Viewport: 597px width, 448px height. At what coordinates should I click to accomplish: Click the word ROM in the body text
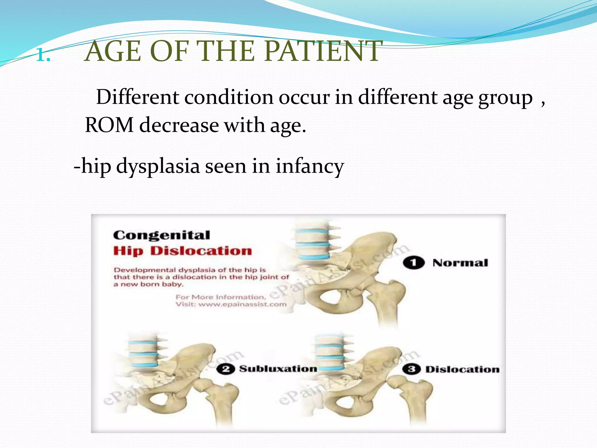coord(109,125)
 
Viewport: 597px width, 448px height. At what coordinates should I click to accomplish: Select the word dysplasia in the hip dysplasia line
coord(158,166)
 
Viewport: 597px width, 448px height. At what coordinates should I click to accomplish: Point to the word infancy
coord(310,166)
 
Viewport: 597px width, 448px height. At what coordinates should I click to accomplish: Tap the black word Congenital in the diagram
coord(161,235)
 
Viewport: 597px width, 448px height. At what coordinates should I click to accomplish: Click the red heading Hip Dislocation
coord(182,251)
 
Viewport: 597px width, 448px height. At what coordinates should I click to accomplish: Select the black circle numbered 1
coord(413,263)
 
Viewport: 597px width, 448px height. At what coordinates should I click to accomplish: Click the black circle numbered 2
coord(225,369)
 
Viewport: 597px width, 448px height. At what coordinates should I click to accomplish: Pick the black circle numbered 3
coord(411,369)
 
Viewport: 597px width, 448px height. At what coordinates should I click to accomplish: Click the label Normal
coord(460,263)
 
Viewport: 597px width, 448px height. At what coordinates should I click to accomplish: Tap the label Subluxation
coord(278,369)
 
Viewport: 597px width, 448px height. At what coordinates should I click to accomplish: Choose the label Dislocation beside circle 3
coord(462,370)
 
